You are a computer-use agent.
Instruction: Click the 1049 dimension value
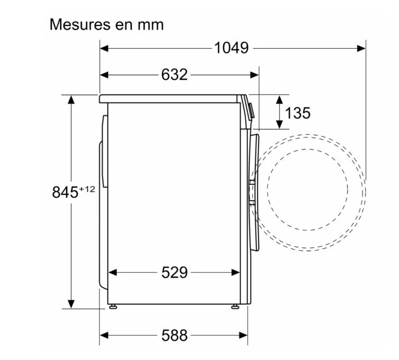pos(231,48)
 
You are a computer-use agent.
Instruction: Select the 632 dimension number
pos(174,75)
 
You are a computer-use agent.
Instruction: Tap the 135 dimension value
pos(298,113)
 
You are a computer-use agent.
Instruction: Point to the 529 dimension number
pos(174,272)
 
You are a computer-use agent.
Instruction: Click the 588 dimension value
pos(174,335)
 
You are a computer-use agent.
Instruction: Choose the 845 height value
pos(65,192)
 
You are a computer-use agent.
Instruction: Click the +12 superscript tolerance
pos(87,189)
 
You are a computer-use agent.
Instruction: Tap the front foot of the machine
pos(235,307)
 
